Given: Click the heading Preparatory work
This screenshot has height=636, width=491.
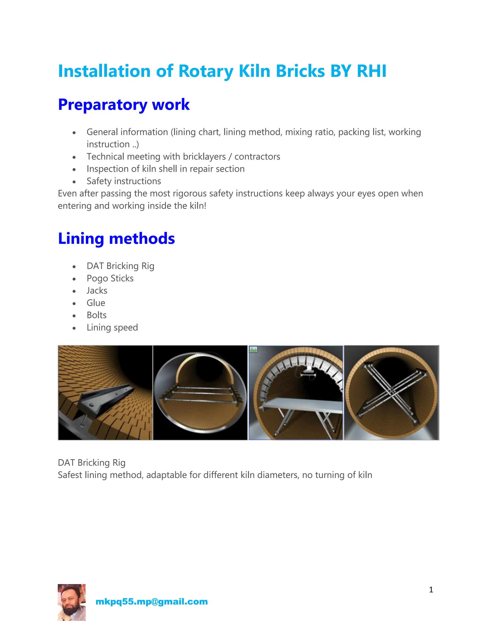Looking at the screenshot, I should (x=124, y=105).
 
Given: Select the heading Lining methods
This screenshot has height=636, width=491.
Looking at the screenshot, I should (x=116, y=239).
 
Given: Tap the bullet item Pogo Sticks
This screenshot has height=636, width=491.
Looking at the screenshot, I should (x=110, y=278).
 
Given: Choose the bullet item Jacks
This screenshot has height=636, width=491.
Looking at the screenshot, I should (x=97, y=291).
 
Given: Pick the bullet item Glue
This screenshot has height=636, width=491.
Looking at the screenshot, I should (x=96, y=303).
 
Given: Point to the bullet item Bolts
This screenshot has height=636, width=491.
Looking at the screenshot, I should (x=97, y=315).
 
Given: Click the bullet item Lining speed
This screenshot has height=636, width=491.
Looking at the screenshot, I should (x=112, y=328).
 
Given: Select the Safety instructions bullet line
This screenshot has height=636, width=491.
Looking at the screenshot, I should (x=124, y=181).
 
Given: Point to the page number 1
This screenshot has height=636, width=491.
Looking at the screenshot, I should (x=431, y=590).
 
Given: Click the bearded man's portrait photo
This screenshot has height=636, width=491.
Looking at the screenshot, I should (x=71, y=602).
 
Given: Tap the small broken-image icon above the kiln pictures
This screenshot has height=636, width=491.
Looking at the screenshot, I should (x=253, y=349).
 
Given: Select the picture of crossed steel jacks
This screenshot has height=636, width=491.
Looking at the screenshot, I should (x=391, y=393).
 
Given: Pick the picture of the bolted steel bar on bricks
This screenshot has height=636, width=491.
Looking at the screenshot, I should (x=105, y=393).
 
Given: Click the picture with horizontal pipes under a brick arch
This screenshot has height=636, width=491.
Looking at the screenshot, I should (x=200, y=393).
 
